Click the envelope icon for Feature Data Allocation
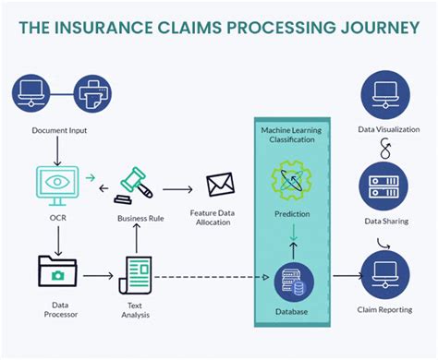tap(220, 185)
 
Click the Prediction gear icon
tap(291, 181)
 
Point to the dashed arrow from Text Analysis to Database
tap(213, 276)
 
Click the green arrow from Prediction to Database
tap(291, 240)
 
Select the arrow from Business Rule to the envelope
tap(182, 190)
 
